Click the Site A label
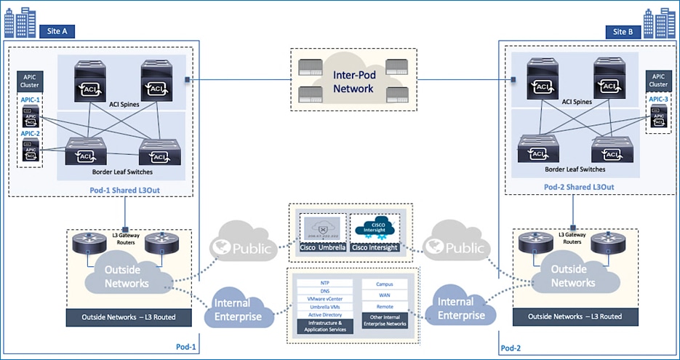click(x=57, y=31)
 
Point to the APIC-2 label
click(x=31, y=133)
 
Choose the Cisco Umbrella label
click(x=321, y=248)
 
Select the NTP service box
click(x=324, y=282)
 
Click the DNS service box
click(x=324, y=290)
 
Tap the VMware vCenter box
click(x=324, y=299)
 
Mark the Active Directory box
click(x=324, y=315)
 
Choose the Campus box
click(x=385, y=284)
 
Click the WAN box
click(x=385, y=295)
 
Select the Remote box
click(x=385, y=307)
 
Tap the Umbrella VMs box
click(x=324, y=307)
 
